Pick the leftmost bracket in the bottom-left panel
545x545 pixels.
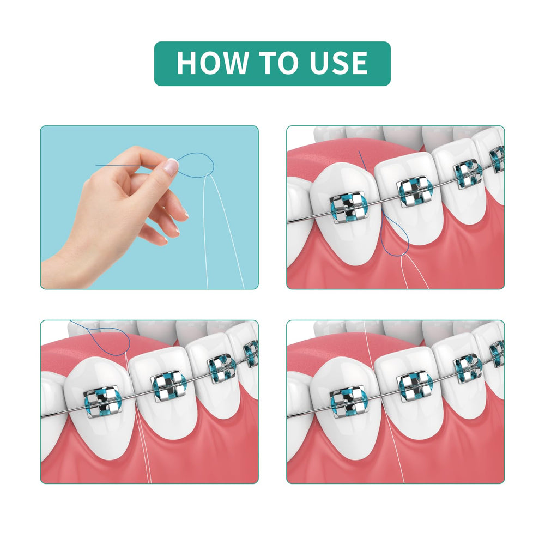pyautogui.click(x=102, y=401)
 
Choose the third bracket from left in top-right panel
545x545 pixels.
pyautogui.click(x=468, y=174)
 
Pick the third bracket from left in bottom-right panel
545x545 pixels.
pyautogui.click(x=468, y=369)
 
